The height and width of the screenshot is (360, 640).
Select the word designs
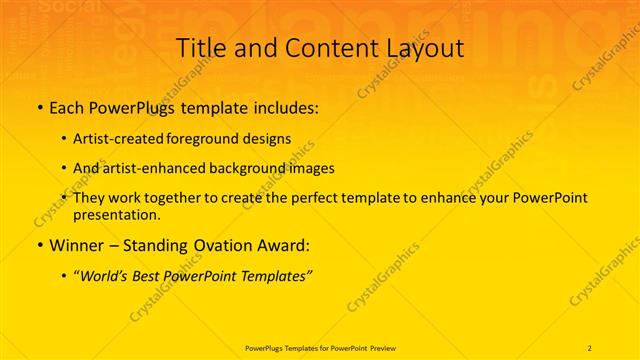268,139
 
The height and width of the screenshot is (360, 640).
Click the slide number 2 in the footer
590,347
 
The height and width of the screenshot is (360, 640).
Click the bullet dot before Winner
39,245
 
